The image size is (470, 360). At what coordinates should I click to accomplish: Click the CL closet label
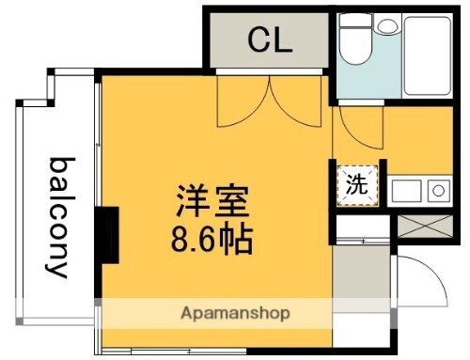(x=270, y=39)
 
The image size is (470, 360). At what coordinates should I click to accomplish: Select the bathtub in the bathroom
(x=428, y=58)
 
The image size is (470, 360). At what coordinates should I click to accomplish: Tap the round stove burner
(x=438, y=191)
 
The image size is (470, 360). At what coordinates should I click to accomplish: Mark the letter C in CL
(x=258, y=39)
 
